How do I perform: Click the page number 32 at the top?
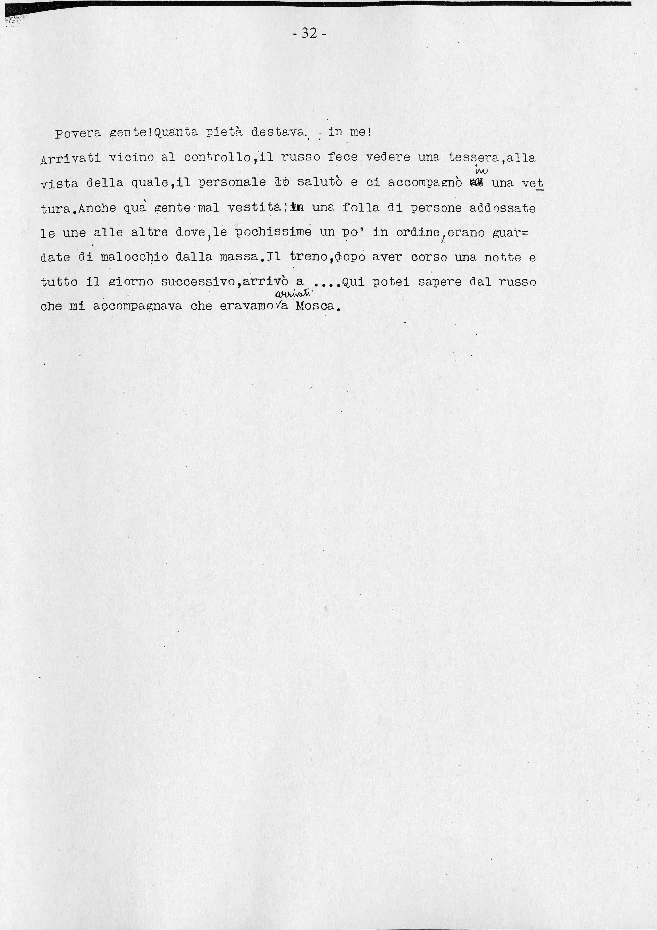coord(309,33)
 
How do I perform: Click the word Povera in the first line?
coord(78,133)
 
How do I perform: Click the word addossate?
coord(502,208)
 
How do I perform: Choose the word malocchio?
coord(134,257)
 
